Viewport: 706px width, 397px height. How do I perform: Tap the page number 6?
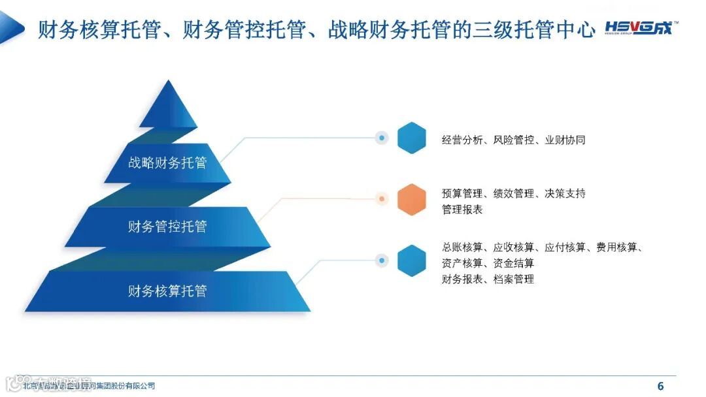pos(660,385)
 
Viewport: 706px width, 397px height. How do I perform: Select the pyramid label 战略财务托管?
pos(167,163)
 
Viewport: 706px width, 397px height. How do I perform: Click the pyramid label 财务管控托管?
pos(167,227)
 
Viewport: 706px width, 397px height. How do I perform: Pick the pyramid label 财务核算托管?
pos(167,291)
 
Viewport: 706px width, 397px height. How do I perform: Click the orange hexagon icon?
pos(412,199)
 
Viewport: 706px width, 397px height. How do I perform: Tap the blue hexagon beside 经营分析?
pos(412,138)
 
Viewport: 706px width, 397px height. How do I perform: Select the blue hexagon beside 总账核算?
pos(412,261)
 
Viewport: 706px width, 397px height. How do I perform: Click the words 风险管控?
pos(514,140)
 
